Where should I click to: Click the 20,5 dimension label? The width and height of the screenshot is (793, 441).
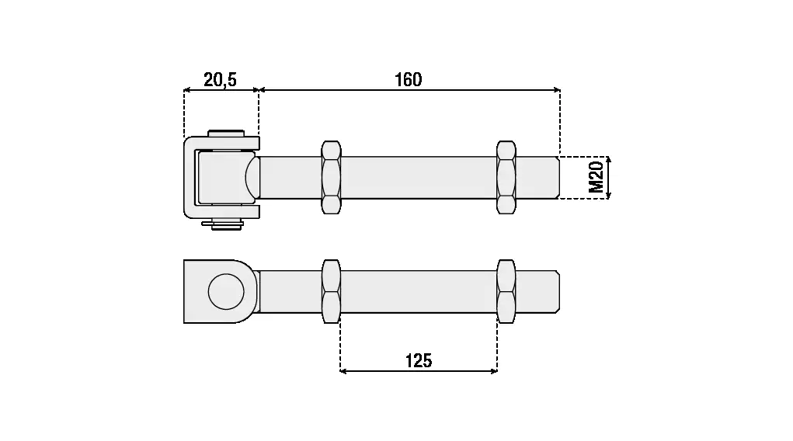point(220,79)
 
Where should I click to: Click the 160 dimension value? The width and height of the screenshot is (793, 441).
point(408,79)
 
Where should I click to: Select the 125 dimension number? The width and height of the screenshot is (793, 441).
point(419,360)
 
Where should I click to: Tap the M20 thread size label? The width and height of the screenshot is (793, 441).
point(596,178)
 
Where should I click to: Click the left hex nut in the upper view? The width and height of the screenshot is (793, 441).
point(332,178)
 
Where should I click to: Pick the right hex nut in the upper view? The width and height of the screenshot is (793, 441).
point(506,178)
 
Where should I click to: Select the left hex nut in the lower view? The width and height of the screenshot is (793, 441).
point(332,291)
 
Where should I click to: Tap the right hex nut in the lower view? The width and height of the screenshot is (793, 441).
point(506,291)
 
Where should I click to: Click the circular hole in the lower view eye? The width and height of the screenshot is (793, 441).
point(226,291)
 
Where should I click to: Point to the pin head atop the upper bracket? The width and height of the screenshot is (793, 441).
point(226,134)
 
